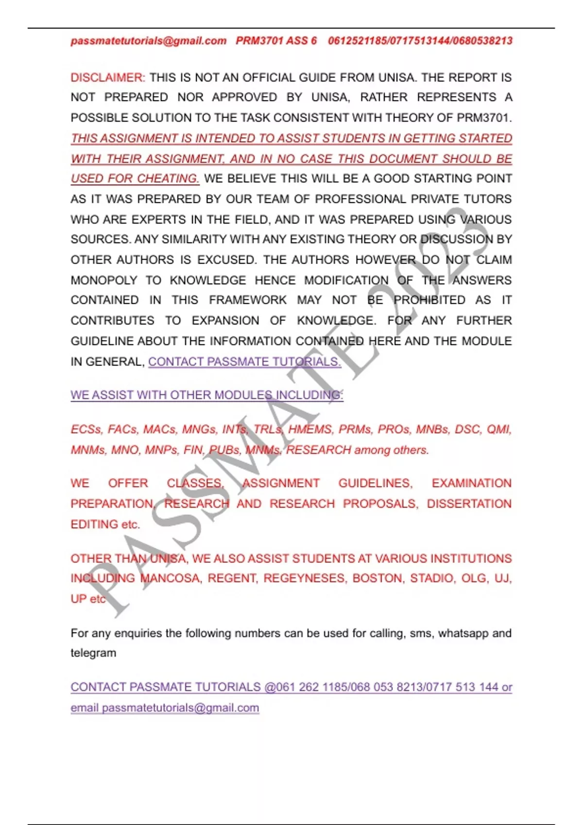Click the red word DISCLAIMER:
[108, 78]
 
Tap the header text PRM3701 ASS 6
[276, 41]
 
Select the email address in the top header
[149, 41]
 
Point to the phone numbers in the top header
[420, 41]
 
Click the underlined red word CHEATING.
[168, 179]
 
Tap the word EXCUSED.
[226, 260]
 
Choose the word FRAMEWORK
[248, 300]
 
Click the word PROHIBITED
[429, 300]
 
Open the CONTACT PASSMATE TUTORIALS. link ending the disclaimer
[244, 362]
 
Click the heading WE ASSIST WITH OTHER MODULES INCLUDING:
[207, 396]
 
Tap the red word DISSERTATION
[469, 504]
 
